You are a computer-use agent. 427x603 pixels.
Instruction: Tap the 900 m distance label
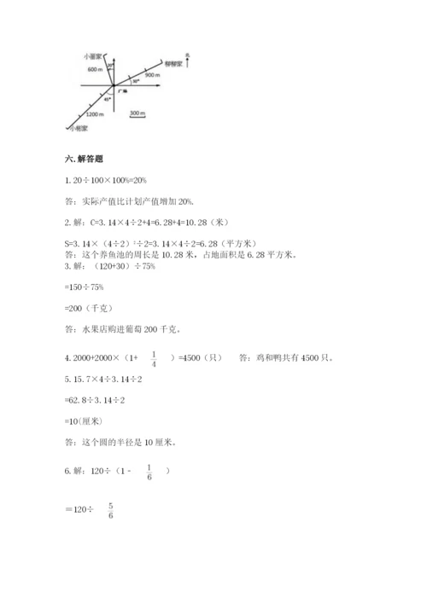click(153, 76)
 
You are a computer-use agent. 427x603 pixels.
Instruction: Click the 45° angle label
click(107, 99)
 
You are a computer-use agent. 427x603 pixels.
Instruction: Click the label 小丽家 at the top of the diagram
click(93, 55)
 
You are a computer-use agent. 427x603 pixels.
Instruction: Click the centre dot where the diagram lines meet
click(114, 85)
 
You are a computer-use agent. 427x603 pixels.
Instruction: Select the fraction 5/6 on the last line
click(112, 510)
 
